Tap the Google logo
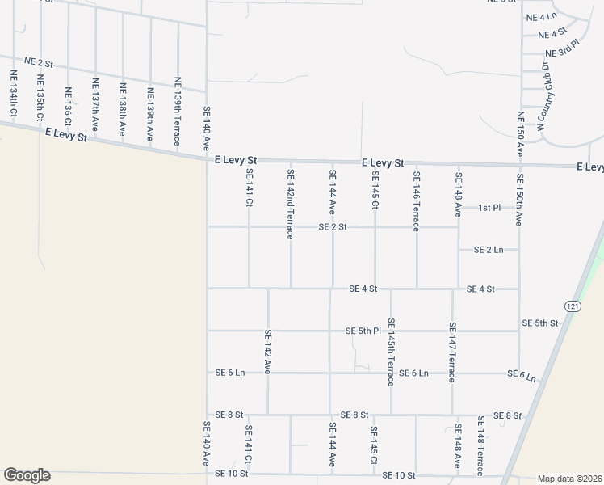[x=27, y=475]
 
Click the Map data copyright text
[x=569, y=479]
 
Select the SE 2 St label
[x=332, y=227]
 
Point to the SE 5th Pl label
[x=363, y=331]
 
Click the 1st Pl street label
[x=489, y=208]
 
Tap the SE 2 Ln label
[x=489, y=250]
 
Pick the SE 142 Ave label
[x=267, y=350]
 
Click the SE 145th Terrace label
[x=391, y=351]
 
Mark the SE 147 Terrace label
[x=452, y=352]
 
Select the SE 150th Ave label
[x=519, y=200]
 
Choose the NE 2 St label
[x=38, y=62]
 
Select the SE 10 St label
[x=398, y=474]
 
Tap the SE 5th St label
[x=539, y=323]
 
